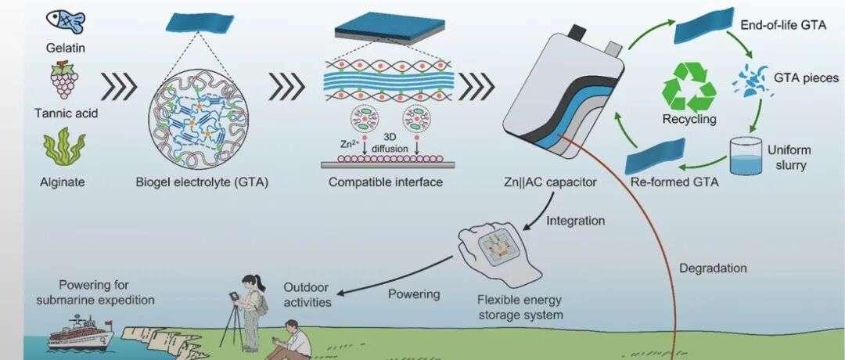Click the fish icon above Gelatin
[66, 20]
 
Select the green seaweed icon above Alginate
[64, 146]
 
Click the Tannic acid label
[66, 113]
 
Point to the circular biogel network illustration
[198, 120]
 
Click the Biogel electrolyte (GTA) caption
[202, 182]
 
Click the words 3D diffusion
[390, 142]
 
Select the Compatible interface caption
[385, 182]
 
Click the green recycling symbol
[689, 87]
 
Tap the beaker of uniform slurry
[746, 156]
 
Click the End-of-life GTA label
[783, 25]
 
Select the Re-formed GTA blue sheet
[656, 156]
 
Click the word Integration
[576, 221]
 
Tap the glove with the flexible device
[499, 254]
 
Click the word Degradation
[713, 268]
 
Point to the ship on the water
[81, 334]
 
